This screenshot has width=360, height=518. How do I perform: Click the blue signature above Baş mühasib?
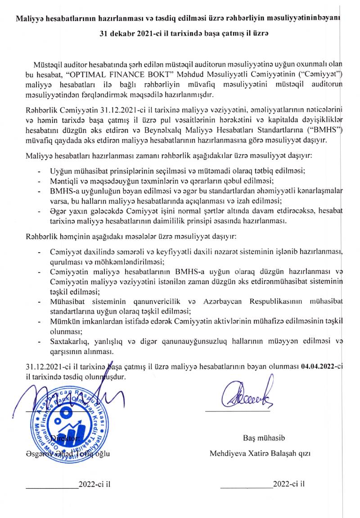[x=243, y=394]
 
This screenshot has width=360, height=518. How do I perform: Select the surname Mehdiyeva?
[x=229, y=453]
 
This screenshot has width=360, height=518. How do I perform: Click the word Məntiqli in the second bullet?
[x=65, y=181]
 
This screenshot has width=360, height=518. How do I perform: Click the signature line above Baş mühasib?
[x=237, y=411]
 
